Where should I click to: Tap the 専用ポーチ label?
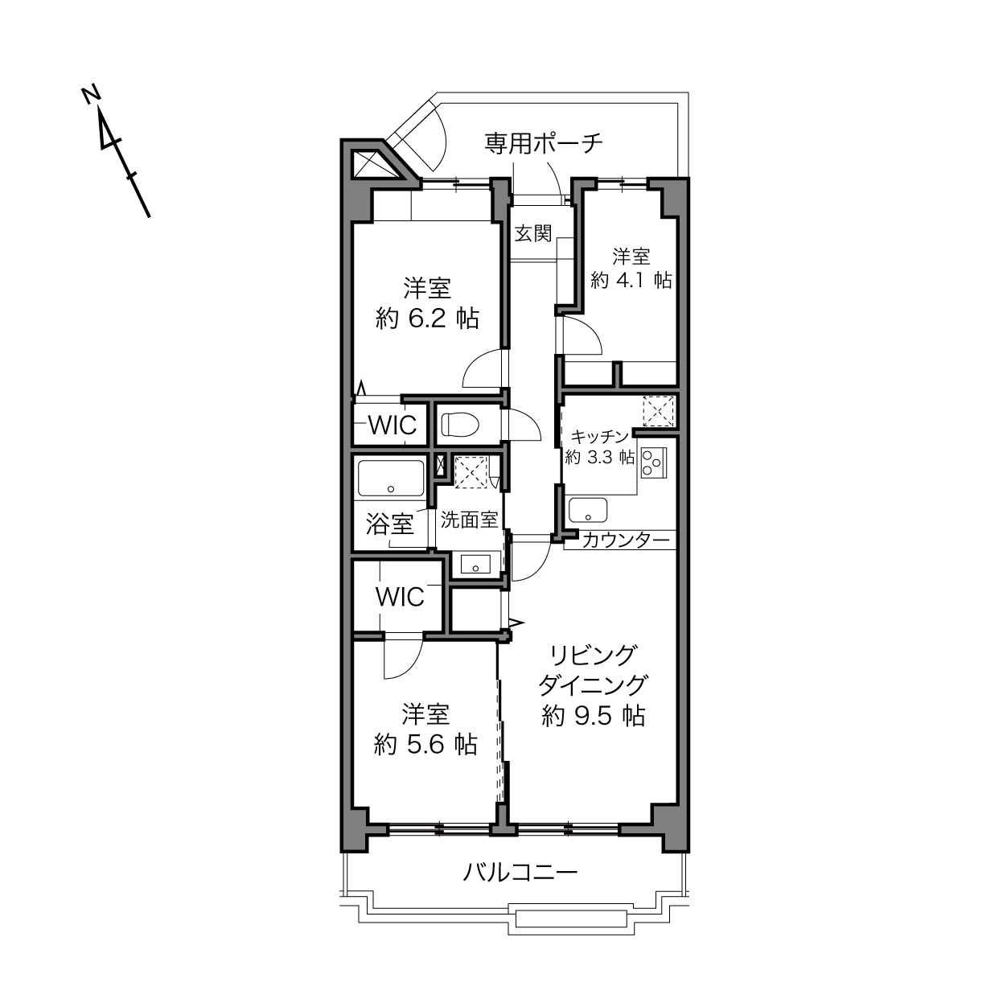click(544, 142)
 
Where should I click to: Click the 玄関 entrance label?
click(533, 233)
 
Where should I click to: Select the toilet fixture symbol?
click(460, 424)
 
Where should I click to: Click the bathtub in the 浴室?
click(391, 478)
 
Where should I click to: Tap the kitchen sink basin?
click(588, 510)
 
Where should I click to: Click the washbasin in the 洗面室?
click(475, 565)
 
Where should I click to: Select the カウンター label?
click(626, 540)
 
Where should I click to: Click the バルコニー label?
click(520, 872)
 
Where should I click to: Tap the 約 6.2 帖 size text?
click(427, 319)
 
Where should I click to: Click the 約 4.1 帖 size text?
click(631, 281)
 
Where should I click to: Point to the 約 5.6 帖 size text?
click(425, 745)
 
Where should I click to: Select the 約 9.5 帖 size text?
click(593, 715)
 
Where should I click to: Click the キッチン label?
click(599, 437)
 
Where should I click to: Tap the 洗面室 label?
click(469, 520)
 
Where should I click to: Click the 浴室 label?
click(390, 524)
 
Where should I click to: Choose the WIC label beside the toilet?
click(393, 425)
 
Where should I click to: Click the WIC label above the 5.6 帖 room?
click(400, 597)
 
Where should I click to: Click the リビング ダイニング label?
click(593, 671)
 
